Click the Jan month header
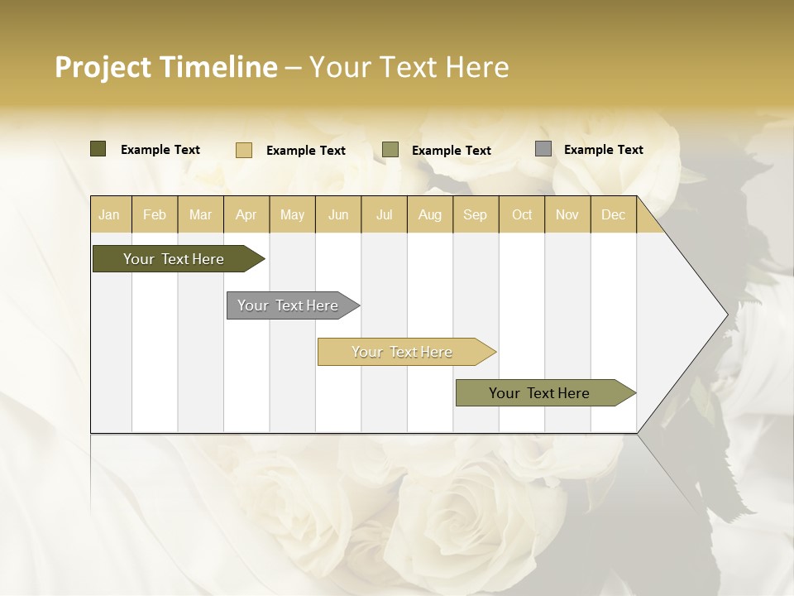pyautogui.click(x=109, y=215)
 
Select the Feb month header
pyautogui.click(x=155, y=215)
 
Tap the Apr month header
pyautogui.click(x=246, y=215)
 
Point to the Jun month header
pyautogui.click(x=338, y=215)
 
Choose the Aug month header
pyautogui.click(x=430, y=215)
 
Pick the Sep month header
pyautogui.click(x=476, y=215)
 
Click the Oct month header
pyautogui.click(x=522, y=215)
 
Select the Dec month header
pyautogui.click(x=614, y=215)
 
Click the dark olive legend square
pyautogui.click(x=98, y=149)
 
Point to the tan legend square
pyautogui.click(x=244, y=150)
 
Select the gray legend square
pyautogui.click(x=543, y=149)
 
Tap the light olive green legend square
pyautogui.click(x=390, y=150)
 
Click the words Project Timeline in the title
pyautogui.click(x=166, y=67)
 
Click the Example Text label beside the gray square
pyautogui.click(x=603, y=150)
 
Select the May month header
pyautogui.click(x=292, y=215)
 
